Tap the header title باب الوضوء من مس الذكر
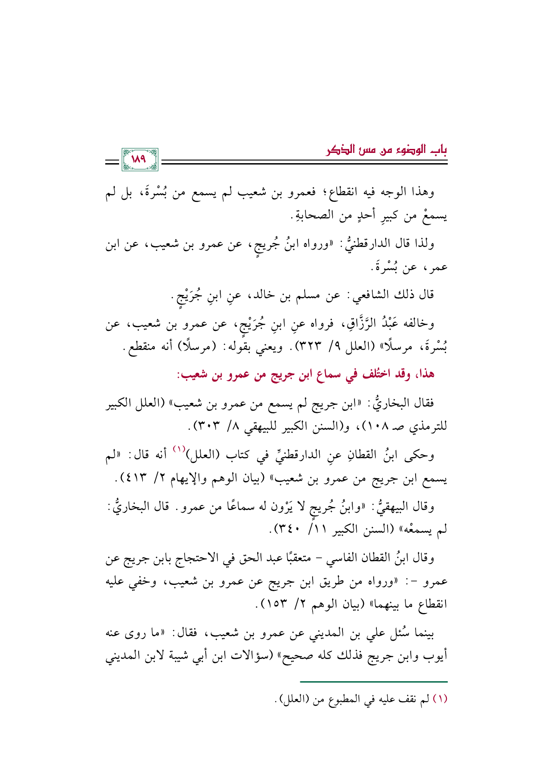click(387, 150)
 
